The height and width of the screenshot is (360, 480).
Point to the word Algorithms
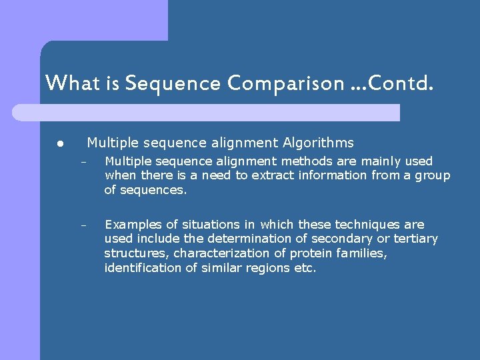(x=318, y=143)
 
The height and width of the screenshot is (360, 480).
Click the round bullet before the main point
(x=59, y=143)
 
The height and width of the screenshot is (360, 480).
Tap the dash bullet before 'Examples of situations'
(x=84, y=225)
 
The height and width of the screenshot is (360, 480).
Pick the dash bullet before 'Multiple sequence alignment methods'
(x=84, y=162)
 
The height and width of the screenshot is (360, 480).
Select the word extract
(x=260, y=175)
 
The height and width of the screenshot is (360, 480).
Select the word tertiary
(x=413, y=239)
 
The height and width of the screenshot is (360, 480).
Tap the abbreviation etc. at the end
(x=304, y=268)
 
